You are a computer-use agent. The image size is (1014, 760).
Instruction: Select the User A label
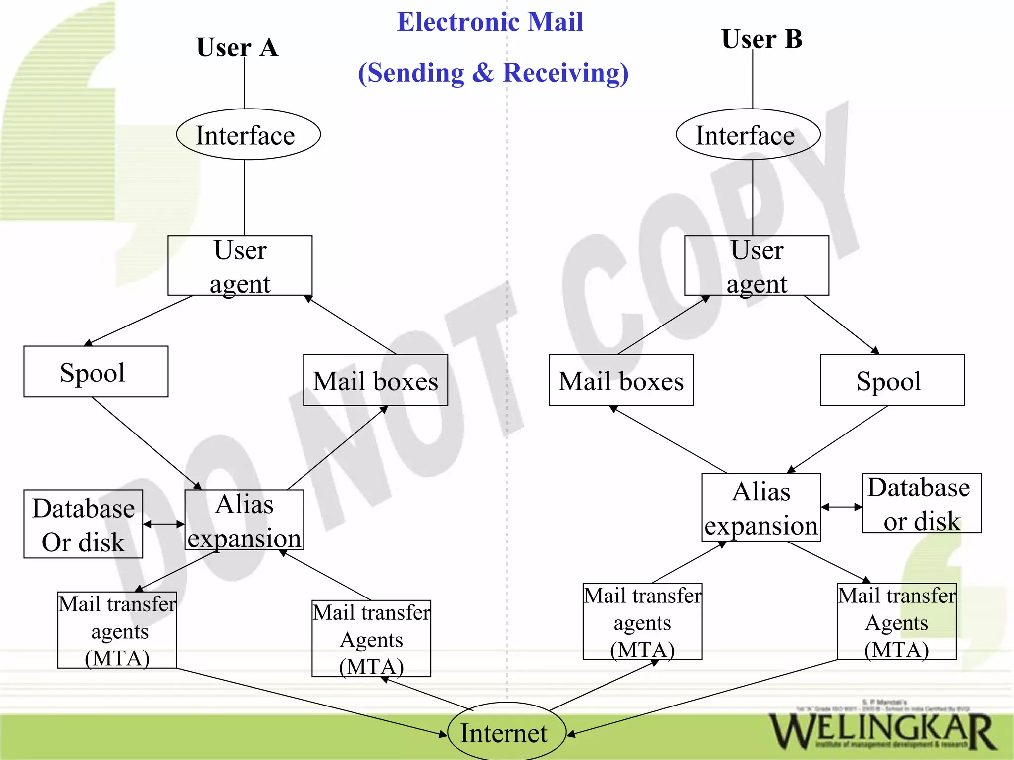point(237,48)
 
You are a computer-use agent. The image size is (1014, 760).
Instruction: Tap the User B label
point(761,39)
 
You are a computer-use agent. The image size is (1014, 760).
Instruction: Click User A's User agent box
point(240,266)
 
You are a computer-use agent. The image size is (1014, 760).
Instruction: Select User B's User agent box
point(757,266)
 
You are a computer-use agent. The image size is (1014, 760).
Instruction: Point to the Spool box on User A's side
point(96,372)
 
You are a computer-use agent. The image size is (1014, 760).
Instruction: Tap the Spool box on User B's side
point(892,380)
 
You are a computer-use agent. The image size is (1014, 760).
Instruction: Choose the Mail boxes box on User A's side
point(375,380)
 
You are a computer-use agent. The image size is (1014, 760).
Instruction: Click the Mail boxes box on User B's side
point(621,380)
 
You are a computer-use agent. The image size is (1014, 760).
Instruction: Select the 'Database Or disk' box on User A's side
point(83,524)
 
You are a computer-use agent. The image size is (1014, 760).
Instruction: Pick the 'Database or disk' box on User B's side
point(921,503)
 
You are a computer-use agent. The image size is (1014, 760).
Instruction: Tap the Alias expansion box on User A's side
point(244,520)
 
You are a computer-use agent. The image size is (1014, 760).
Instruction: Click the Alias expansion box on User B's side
point(760,507)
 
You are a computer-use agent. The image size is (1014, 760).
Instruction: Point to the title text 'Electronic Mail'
point(490,22)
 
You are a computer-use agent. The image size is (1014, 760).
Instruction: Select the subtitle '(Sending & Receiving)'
point(493,73)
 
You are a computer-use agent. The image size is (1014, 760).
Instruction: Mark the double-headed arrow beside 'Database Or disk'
point(164,524)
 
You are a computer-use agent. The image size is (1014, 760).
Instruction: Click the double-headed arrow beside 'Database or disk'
point(841,507)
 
